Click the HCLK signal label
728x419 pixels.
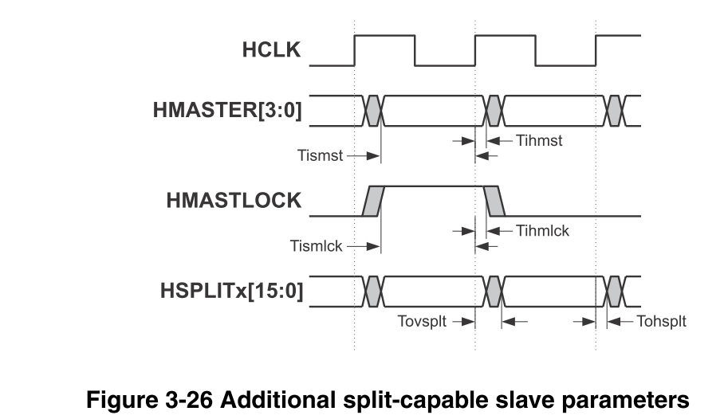click(x=271, y=49)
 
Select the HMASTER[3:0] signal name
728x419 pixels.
click(x=227, y=111)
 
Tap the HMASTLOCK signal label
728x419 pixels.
click(x=234, y=201)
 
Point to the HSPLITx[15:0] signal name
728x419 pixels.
click(x=232, y=291)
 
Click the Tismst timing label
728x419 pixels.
click(x=320, y=155)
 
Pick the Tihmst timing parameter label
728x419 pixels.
click(x=539, y=140)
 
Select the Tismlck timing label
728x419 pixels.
click(x=317, y=246)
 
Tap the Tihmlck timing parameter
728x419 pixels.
click(x=542, y=231)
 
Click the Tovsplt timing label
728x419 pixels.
click(x=422, y=321)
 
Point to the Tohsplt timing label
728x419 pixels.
click(x=661, y=321)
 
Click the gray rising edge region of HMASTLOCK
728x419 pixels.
click(x=374, y=201)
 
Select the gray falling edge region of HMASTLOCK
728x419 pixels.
click(x=494, y=201)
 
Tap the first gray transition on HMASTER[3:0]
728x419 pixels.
click(x=373, y=111)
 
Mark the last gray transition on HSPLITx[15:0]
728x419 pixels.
click(x=614, y=292)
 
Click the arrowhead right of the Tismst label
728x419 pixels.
click(x=373, y=156)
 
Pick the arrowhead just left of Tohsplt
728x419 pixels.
click(x=614, y=321)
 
